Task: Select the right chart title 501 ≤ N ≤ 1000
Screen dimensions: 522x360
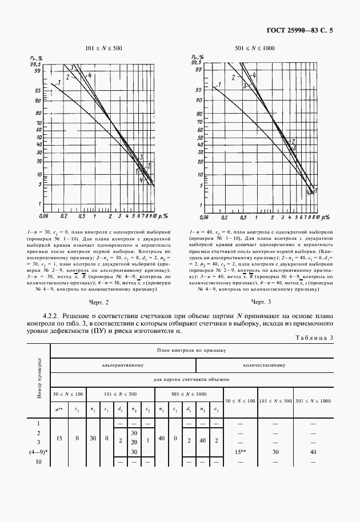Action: click(255, 49)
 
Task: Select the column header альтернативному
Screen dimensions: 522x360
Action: click(123, 364)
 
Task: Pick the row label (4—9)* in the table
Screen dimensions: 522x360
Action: click(39, 452)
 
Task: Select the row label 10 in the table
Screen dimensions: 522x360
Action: click(39, 461)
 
